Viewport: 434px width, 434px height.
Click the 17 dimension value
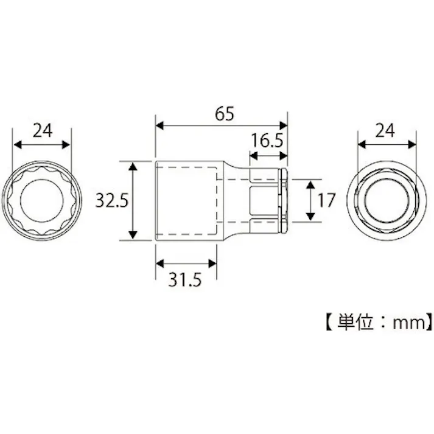coord(326,200)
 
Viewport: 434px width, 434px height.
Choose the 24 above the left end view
coord(41,130)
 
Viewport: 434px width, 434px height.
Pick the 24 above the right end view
coord(386,130)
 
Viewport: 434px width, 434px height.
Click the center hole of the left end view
coord(41,200)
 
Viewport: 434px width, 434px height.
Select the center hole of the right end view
coord(387,200)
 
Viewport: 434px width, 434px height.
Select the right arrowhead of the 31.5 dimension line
coord(214,263)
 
